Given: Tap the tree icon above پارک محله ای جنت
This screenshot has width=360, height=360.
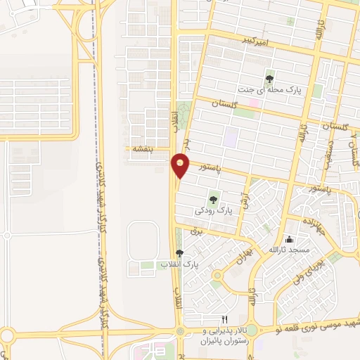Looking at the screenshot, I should click(270, 78).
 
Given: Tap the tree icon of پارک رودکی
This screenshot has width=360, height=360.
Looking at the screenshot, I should click(213, 200).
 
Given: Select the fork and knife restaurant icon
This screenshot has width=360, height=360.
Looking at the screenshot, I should click(224, 319).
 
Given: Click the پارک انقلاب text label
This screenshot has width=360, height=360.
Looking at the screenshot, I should click(179, 264).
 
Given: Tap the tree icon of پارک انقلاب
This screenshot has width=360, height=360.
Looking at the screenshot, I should click(179, 253).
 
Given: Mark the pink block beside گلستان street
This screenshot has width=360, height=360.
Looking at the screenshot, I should click(255, 103).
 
